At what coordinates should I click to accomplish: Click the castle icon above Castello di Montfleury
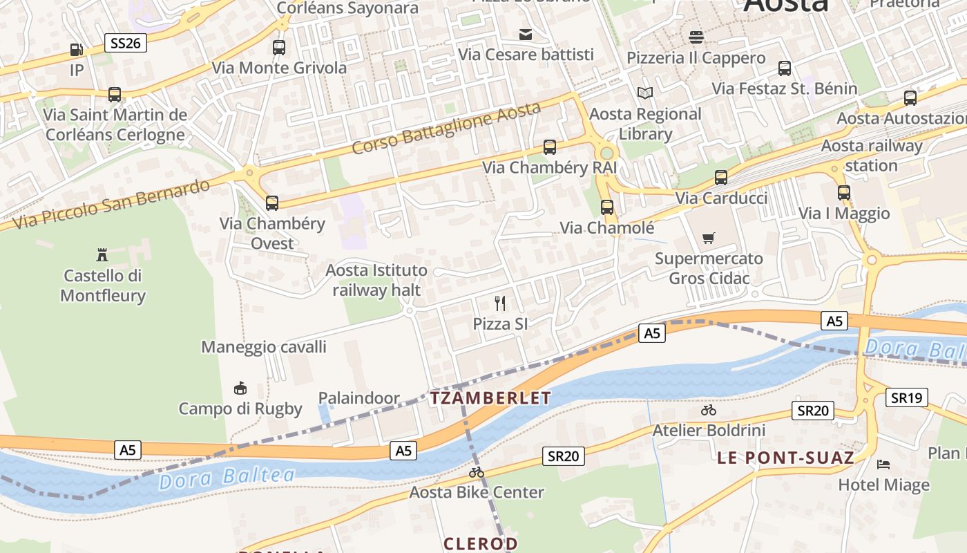pyautogui.click(x=102, y=254)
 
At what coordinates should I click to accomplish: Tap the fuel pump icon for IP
pyautogui.click(x=76, y=50)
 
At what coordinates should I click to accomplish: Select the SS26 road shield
pyautogui.click(x=126, y=44)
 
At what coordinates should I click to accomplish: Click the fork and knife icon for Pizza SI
pyautogui.click(x=500, y=303)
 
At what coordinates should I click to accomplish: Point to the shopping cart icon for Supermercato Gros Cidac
pyautogui.click(x=708, y=238)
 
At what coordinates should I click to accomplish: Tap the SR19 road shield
pyautogui.click(x=907, y=397)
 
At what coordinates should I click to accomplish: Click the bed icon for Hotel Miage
pyautogui.click(x=883, y=464)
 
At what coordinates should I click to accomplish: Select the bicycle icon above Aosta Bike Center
pyautogui.click(x=476, y=473)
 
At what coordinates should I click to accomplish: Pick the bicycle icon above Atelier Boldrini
pyautogui.click(x=708, y=410)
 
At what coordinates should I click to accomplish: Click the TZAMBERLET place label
pyautogui.click(x=490, y=398)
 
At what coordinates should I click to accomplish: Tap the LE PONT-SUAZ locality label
pyautogui.click(x=785, y=458)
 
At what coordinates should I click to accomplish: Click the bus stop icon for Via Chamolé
pyautogui.click(x=606, y=207)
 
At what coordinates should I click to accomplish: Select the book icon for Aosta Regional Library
pyautogui.click(x=644, y=93)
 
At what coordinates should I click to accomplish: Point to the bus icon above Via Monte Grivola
pyautogui.click(x=279, y=48)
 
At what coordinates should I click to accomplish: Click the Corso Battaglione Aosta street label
pyautogui.click(x=446, y=129)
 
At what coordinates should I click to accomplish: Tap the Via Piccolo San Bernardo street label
pyautogui.click(x=111, y=205)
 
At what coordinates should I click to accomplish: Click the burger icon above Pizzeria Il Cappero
pyautogui.click(x=696, y=37)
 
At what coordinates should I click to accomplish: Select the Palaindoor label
pyautogui.click(x=358, y=398)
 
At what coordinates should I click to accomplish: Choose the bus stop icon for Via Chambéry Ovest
pyautogui.click(x=272, y=203)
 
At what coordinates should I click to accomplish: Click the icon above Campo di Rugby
pyautogui.click(x=240, y=388)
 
